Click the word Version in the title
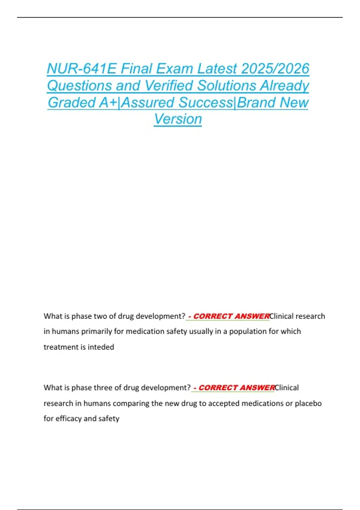coord(178,119)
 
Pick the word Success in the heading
coord(205,102)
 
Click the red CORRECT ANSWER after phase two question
coord(231,316)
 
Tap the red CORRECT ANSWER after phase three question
coord(236,388)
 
